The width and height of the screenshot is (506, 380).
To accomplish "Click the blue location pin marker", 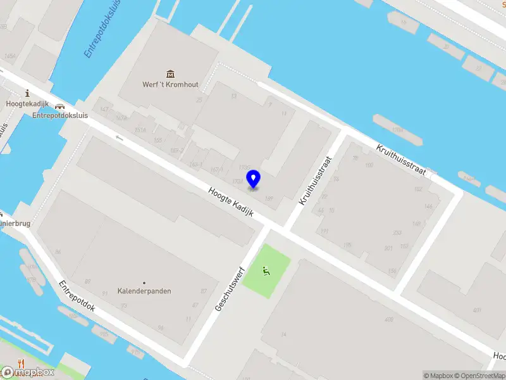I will click(x=253, y=177).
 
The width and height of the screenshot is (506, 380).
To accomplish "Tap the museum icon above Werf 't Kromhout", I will click(x=170, y=74).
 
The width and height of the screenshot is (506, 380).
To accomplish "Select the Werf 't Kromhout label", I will click(x=170, y=85).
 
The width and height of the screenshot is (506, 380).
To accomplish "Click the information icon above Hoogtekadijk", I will click(x=27, y=93).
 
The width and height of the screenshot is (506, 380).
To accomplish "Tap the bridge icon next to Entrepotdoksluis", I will click(x=60, y=108).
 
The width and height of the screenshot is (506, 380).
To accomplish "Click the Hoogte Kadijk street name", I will click(x=231, y=202).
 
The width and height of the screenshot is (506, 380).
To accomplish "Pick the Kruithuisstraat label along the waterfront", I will click(x=401, y=160).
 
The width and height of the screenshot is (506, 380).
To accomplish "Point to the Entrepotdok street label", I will click(x=77, y=296).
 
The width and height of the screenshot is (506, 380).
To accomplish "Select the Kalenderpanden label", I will click(x=144, y=291).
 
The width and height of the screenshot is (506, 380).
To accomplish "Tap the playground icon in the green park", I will click(x=267, y=272).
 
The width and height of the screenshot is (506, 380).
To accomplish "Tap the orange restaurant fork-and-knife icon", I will click(x=21, y=364).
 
